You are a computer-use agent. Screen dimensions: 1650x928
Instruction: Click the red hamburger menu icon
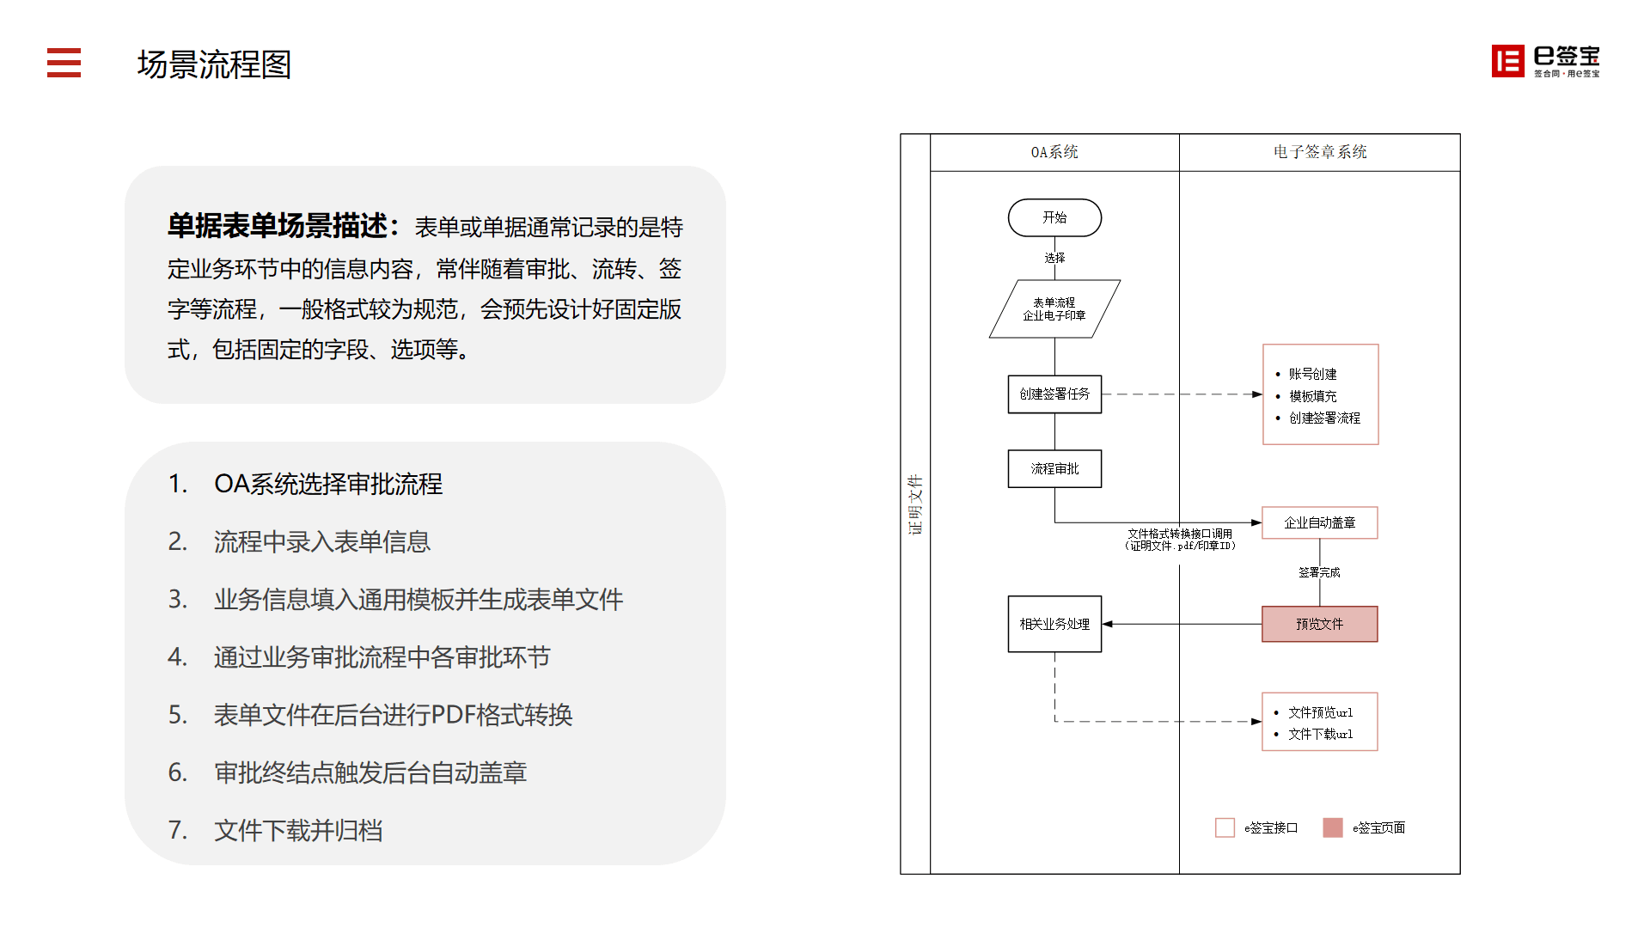(x=64, y=63)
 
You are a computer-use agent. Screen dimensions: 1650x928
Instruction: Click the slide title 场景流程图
(x=214, y=64)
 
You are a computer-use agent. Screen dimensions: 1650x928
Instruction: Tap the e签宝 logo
(x=1545, y=61)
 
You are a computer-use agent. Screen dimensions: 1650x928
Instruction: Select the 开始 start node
(x=1054, y=217)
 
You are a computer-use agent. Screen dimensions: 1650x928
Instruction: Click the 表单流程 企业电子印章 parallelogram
(x=1054, y=308)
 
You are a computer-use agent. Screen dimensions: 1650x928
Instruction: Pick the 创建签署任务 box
(x=1054, y=394)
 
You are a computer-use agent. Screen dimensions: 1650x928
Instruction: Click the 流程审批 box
(x=1054, y=469)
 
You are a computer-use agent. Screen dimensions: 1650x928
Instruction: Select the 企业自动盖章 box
(x=1319, y=522)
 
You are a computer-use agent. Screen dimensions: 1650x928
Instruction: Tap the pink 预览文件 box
(x=1319, y=624)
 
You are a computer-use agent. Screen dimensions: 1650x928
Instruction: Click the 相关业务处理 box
(x=1054, y=624)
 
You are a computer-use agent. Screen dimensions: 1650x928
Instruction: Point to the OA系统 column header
(x=1054, y=152)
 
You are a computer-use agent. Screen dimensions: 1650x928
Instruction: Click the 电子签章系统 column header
(x=1320, y=152)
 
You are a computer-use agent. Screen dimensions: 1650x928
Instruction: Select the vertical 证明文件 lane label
(x=915, y=504)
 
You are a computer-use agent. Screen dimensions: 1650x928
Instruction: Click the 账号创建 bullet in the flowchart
(x=1312, y=374)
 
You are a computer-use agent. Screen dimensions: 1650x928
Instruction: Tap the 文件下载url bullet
(x=1320, y=734)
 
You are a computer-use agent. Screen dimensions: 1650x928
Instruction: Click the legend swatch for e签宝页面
(x=1333, y=827)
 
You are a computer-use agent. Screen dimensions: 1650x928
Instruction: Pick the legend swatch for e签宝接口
(x=1225, y=827)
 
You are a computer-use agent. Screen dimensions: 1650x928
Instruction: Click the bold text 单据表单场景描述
(x=278, y=226)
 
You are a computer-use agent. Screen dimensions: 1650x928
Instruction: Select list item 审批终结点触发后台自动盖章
(x=370, y=772)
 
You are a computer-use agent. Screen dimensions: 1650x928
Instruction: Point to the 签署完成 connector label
(x=1319, y=572)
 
